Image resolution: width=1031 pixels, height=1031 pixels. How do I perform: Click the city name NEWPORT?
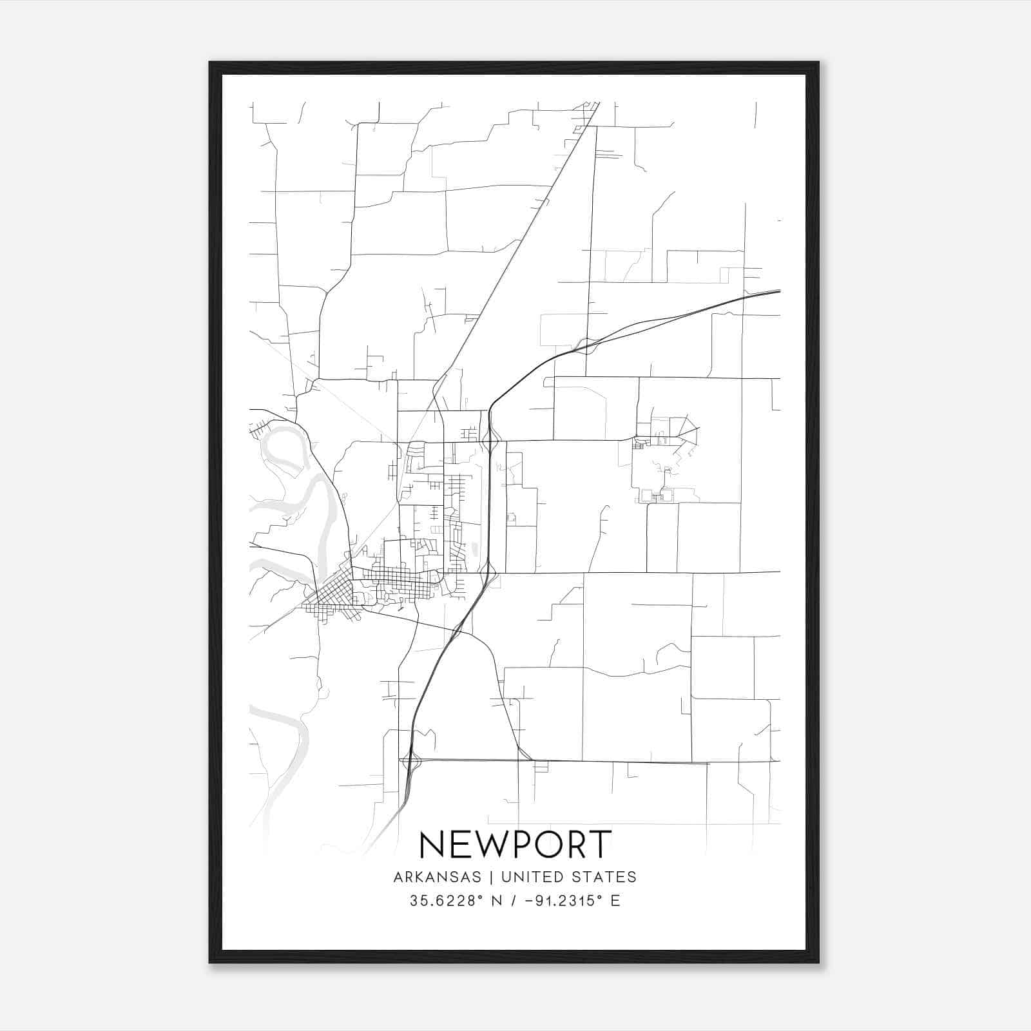coord(515,844)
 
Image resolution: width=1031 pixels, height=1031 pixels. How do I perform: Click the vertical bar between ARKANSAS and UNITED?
coord(491,877)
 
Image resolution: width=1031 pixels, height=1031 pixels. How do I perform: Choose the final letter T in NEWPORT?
coord(599,844)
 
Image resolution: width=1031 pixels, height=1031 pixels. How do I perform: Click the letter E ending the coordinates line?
coord(615,901)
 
